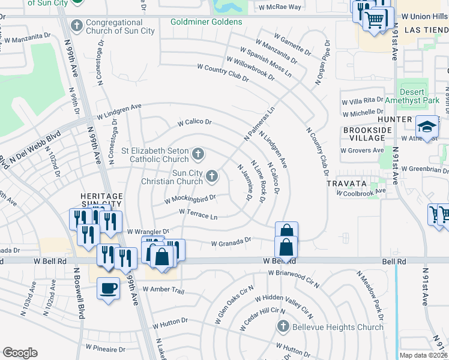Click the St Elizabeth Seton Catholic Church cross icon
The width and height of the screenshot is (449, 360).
pyautogui.click(x=197, y=155)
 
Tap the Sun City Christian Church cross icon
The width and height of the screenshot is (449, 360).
pyautogui.click(x=211, y=176)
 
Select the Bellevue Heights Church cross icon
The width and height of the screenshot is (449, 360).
pyautogui.click(x=283, y=326)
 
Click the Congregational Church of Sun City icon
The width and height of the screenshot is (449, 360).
pyautogui.click(x=76, y=25)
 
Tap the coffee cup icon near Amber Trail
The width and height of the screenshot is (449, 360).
pyautogui.click(x=108, y=289)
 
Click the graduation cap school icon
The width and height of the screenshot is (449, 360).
pyautogui.click(x=427, y=127)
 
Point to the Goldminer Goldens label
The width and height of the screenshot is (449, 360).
pyautogui.click(x=206, y=22)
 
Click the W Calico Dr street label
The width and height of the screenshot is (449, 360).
pyautogui.click(x=194, y=122)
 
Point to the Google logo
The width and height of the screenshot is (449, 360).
pyautogui.click(x=20, y=353)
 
